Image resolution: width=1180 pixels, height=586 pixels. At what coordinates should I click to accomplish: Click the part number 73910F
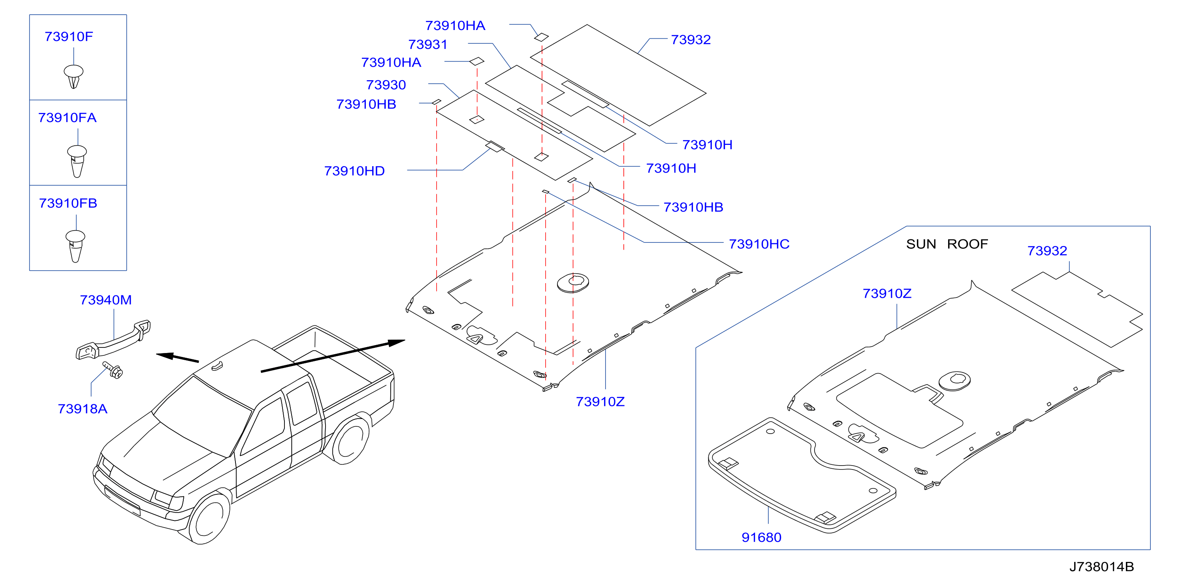[x=69, y=37]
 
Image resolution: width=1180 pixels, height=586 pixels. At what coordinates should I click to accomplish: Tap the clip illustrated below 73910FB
[x=75, y=246]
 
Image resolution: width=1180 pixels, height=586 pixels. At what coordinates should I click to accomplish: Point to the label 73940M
[x=106, y=300]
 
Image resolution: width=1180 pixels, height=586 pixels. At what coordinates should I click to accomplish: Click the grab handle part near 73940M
[x=113, y=340]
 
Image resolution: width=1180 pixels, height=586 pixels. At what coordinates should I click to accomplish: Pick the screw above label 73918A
[x=113, y=370]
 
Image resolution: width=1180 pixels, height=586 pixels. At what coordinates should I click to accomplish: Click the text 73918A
[x=83, y=409]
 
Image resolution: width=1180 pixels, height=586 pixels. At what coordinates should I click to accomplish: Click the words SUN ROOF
[x=947, y=244]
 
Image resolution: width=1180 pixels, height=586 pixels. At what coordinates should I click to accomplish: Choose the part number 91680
[x=761, y=537]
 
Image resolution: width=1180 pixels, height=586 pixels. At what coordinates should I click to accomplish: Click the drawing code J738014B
[x=1101, y=567]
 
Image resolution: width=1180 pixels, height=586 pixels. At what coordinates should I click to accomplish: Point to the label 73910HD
[x=354, y=171]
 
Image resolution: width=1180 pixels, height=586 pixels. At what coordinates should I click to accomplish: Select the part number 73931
[x=428, y=44]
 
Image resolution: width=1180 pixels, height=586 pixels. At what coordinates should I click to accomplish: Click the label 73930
[x=386, y=85]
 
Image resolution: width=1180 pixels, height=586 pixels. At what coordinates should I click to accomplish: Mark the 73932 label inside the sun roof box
[x=1047, y=251]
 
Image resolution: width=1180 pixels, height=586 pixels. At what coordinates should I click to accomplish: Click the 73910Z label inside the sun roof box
[x=887, y=293]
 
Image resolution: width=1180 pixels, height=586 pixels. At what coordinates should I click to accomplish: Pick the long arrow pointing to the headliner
[x=333, y=356]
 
